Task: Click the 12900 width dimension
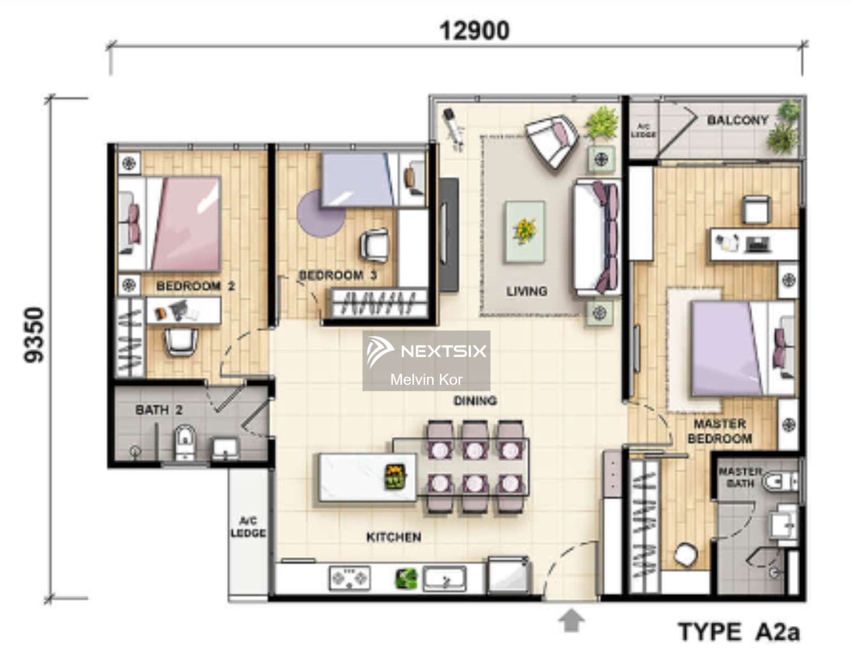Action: (474, 31)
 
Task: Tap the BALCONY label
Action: (737, 120)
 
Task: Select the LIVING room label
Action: (527, 292)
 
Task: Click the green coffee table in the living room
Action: (525, 232)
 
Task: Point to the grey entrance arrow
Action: (571, 620)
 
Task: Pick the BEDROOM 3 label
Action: (338, 275)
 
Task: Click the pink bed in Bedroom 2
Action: (186, 224)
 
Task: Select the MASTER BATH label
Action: (740, 477)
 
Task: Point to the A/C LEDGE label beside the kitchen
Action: (248, 527)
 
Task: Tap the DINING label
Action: (475, 401)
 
